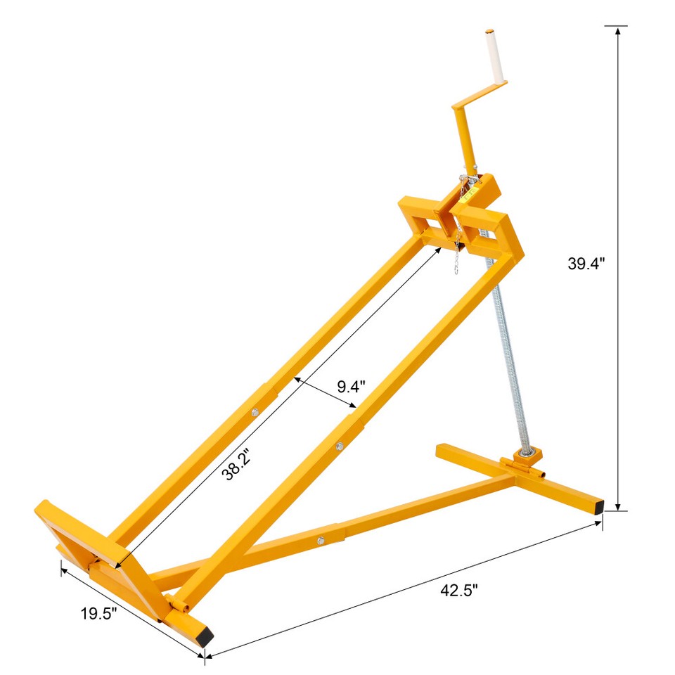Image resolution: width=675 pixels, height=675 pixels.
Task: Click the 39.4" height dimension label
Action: [x=586, y=264]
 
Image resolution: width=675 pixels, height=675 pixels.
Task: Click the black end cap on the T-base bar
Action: [x=598, y=506]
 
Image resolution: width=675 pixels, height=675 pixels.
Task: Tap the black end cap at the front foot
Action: [x=205, y=637]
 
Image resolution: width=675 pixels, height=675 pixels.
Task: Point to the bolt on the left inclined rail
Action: [x=255, y=413]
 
